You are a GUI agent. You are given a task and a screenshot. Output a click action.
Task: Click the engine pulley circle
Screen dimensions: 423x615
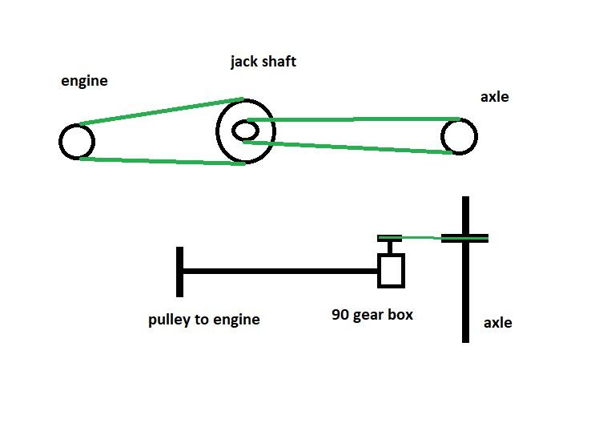point(77,142)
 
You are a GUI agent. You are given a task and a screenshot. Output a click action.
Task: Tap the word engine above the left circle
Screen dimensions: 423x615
point(84,81)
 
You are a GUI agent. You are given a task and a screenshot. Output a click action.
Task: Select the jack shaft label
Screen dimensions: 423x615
point(263,61)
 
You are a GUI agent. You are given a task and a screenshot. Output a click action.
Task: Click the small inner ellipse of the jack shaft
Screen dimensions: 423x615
point(243,130)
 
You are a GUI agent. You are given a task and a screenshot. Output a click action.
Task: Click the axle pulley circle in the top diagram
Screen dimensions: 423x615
point(459,136)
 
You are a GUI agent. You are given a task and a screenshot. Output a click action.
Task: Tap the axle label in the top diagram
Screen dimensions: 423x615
point(494,97)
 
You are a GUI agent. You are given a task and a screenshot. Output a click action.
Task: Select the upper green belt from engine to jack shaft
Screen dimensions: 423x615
point(160,111)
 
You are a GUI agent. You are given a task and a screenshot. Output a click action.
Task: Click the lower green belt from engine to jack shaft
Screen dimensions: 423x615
point(160,161)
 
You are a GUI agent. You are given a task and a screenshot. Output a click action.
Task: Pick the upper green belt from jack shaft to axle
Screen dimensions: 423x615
point(352,119)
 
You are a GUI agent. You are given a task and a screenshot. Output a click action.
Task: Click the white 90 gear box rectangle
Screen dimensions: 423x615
point(391,270)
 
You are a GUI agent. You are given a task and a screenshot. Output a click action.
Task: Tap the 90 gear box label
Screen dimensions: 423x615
point(372,315)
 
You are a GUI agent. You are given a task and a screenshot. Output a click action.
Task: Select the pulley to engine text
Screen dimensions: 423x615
point(204,320)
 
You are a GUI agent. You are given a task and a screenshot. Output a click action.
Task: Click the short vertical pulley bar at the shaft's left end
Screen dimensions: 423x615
point(180,272)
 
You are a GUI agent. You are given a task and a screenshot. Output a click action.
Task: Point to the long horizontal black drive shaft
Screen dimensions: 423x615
point(280,271)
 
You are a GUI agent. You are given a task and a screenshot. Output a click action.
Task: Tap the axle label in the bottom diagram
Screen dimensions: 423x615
point(497,323)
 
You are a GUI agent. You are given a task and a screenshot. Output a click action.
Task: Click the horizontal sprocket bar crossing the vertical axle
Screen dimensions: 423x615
point(464,238)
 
